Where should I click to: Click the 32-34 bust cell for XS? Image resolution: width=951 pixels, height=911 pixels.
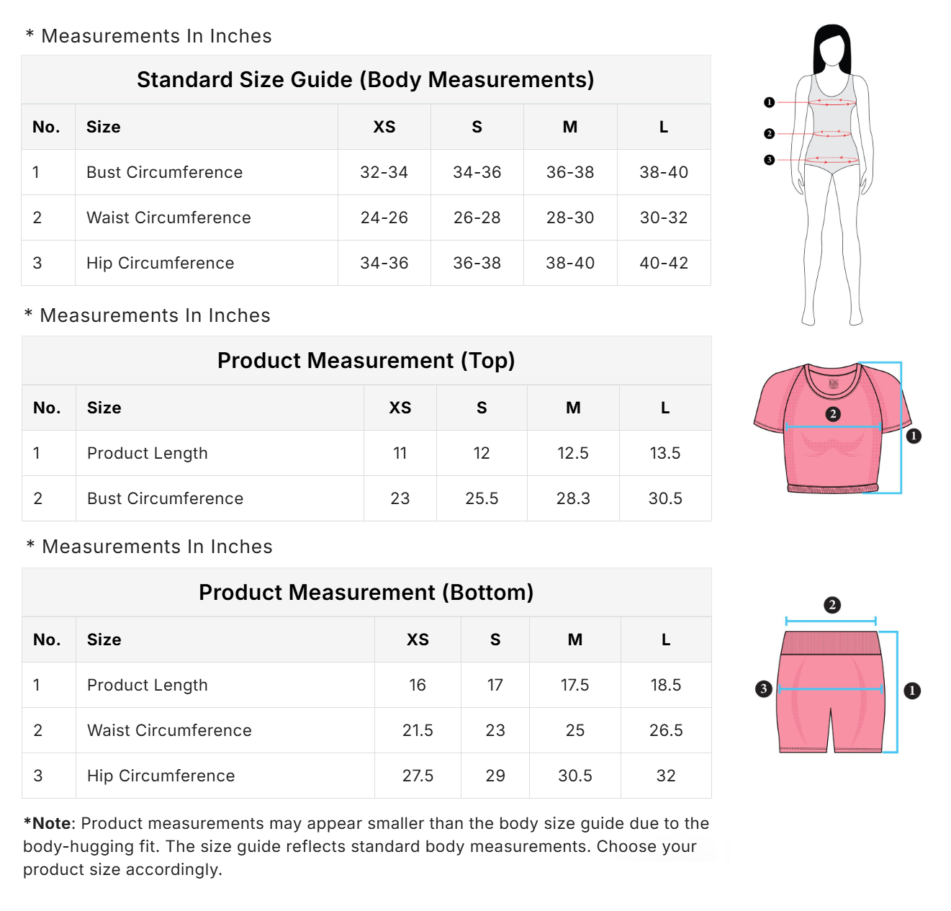click(384, 172)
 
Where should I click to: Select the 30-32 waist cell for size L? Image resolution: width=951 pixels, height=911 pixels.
click(663, 217)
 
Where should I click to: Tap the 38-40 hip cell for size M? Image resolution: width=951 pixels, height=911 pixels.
click(569, 263)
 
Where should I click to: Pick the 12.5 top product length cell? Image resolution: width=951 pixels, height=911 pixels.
click(572, 453)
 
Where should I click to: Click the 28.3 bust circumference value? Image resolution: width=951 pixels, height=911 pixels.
click(572, 498)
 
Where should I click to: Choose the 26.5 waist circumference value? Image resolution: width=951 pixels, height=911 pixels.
click(665, 730)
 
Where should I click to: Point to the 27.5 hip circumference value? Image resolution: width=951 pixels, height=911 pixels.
click(418, 776)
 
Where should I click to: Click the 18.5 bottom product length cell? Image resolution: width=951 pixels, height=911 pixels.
click(665, 685)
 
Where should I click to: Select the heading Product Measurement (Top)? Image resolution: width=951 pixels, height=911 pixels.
click(366, 360)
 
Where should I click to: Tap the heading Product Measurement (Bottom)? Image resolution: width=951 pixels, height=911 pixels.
click(366, 592)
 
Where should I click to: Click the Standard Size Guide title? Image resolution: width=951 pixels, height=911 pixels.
click(365, 79)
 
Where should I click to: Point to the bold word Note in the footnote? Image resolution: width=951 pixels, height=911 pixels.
click(52, 823)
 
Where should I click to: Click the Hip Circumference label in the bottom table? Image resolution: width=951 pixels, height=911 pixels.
click(161, 776)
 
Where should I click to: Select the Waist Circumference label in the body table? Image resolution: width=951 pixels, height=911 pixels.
click(168, 217)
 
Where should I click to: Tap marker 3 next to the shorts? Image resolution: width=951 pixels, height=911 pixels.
click(764, 688)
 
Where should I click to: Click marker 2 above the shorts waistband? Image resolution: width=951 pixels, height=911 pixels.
click(831, 605)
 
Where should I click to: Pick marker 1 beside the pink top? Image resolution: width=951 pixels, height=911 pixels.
click(914, 436)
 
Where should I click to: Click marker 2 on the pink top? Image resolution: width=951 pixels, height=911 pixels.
click(833, 414)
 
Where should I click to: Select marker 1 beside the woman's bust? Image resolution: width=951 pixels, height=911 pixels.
click(769, 102)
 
